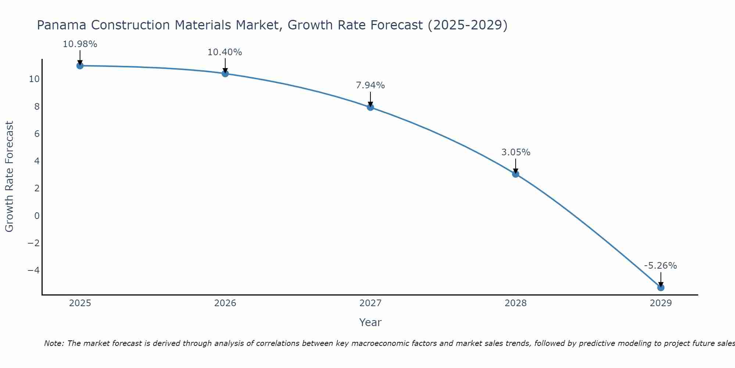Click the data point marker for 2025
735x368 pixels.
tap(80, 66)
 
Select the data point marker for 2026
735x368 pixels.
tap(225, 74)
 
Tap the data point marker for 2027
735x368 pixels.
tap(370, 107)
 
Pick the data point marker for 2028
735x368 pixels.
tap(516, 174)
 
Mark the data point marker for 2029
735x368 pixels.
tap(661, 287)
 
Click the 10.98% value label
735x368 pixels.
tap(80, 44)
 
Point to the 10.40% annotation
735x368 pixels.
tap(225, 52)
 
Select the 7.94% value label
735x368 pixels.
tap(370, 85)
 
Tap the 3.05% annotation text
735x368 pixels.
tap(516, 152)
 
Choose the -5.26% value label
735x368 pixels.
tap(660, 266)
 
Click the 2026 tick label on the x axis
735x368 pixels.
tap(225, 303)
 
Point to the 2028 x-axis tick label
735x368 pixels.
tap(516, 303)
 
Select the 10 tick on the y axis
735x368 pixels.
tap(35, 79)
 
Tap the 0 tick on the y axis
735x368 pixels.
tap(37, 216)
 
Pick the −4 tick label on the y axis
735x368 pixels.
tap(33, 270)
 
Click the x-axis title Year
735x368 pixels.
tap(370, 322)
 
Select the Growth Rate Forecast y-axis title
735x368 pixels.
tap(9, 177)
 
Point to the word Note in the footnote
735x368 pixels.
tap(54, 343)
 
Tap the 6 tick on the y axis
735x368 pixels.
tap(37, 134)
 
